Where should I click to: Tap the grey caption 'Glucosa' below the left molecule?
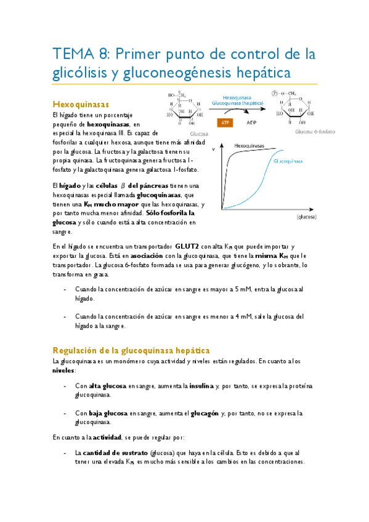(198, 132)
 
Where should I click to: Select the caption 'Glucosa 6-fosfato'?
(315, 132)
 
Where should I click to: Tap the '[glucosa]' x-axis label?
(306, 217)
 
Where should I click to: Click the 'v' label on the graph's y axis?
(214, 150)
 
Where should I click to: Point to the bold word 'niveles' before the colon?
(63, 371)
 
